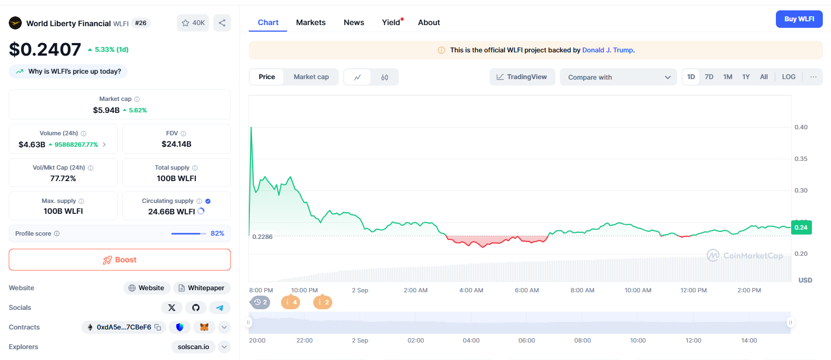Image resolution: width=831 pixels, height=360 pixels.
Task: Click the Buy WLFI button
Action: (799, 19)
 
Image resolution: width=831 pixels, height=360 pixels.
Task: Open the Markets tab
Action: (310, 22)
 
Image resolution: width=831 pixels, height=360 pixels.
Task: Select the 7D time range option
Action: (709, 77)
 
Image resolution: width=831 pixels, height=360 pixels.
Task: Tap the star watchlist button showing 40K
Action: (193, 23)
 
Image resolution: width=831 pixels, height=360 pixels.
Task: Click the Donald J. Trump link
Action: (607, 50)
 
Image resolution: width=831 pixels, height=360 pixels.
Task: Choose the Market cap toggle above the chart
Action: (311, 77)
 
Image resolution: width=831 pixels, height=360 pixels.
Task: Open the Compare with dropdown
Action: (618, 77)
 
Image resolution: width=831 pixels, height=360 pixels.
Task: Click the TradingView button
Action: (522, 77)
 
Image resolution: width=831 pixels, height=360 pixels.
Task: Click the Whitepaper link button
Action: (201, 287)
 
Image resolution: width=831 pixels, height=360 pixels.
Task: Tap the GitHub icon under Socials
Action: (195, 307)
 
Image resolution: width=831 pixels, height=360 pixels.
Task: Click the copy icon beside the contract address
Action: (158, 327)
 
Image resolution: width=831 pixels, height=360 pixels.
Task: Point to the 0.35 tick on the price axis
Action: (801, 159)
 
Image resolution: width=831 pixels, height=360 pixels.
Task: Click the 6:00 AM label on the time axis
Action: (527, 290)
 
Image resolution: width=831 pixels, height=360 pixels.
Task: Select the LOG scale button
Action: (788, 77)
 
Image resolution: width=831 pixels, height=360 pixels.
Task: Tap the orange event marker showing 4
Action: (290, 302)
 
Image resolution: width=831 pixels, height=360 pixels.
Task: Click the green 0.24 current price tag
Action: (802, 227)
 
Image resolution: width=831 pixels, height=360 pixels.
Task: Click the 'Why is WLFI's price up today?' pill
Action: (68, 71)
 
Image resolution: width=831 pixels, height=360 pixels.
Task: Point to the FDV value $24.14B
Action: (176, 144)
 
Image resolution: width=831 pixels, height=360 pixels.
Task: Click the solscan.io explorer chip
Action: (193, 347)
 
